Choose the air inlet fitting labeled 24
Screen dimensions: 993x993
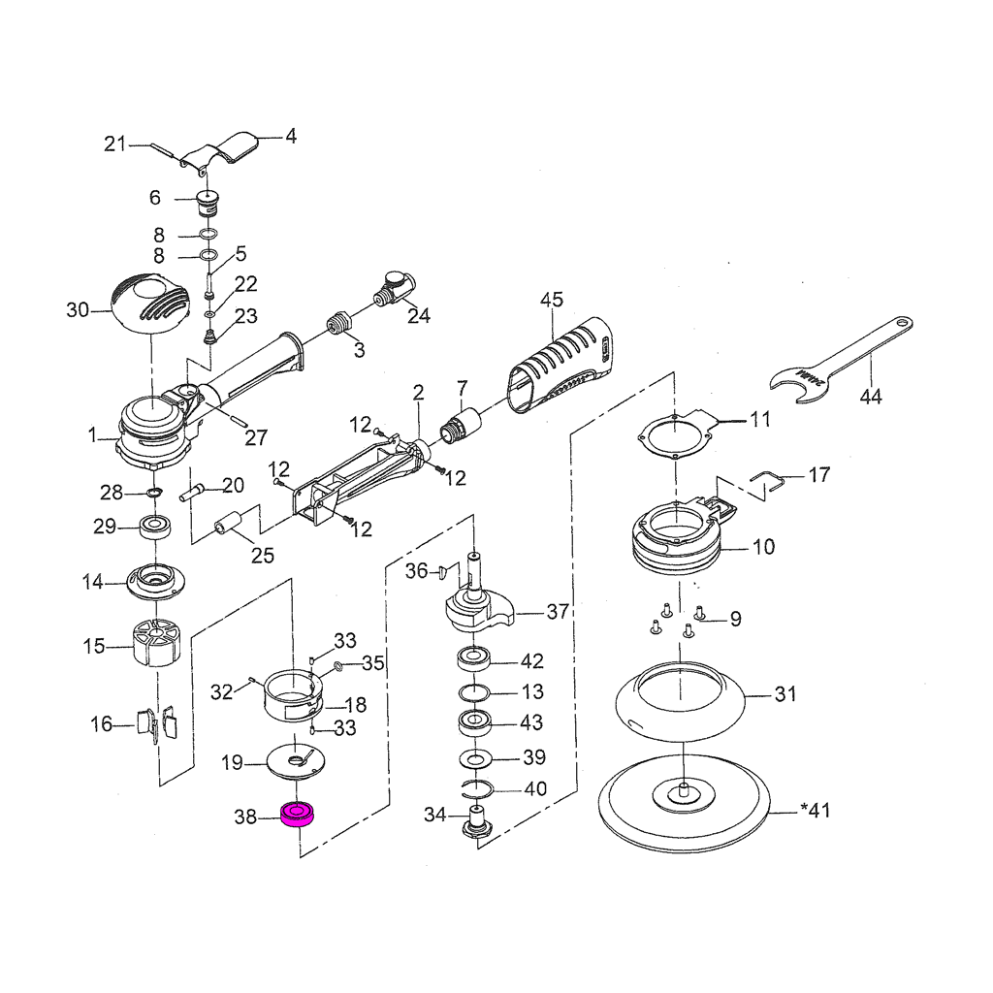click(x=396, y=286)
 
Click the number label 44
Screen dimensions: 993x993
click(x=871, y=396)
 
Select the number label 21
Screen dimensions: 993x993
click(x=116, y=144)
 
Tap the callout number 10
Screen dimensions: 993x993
click(x=763, y=548)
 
